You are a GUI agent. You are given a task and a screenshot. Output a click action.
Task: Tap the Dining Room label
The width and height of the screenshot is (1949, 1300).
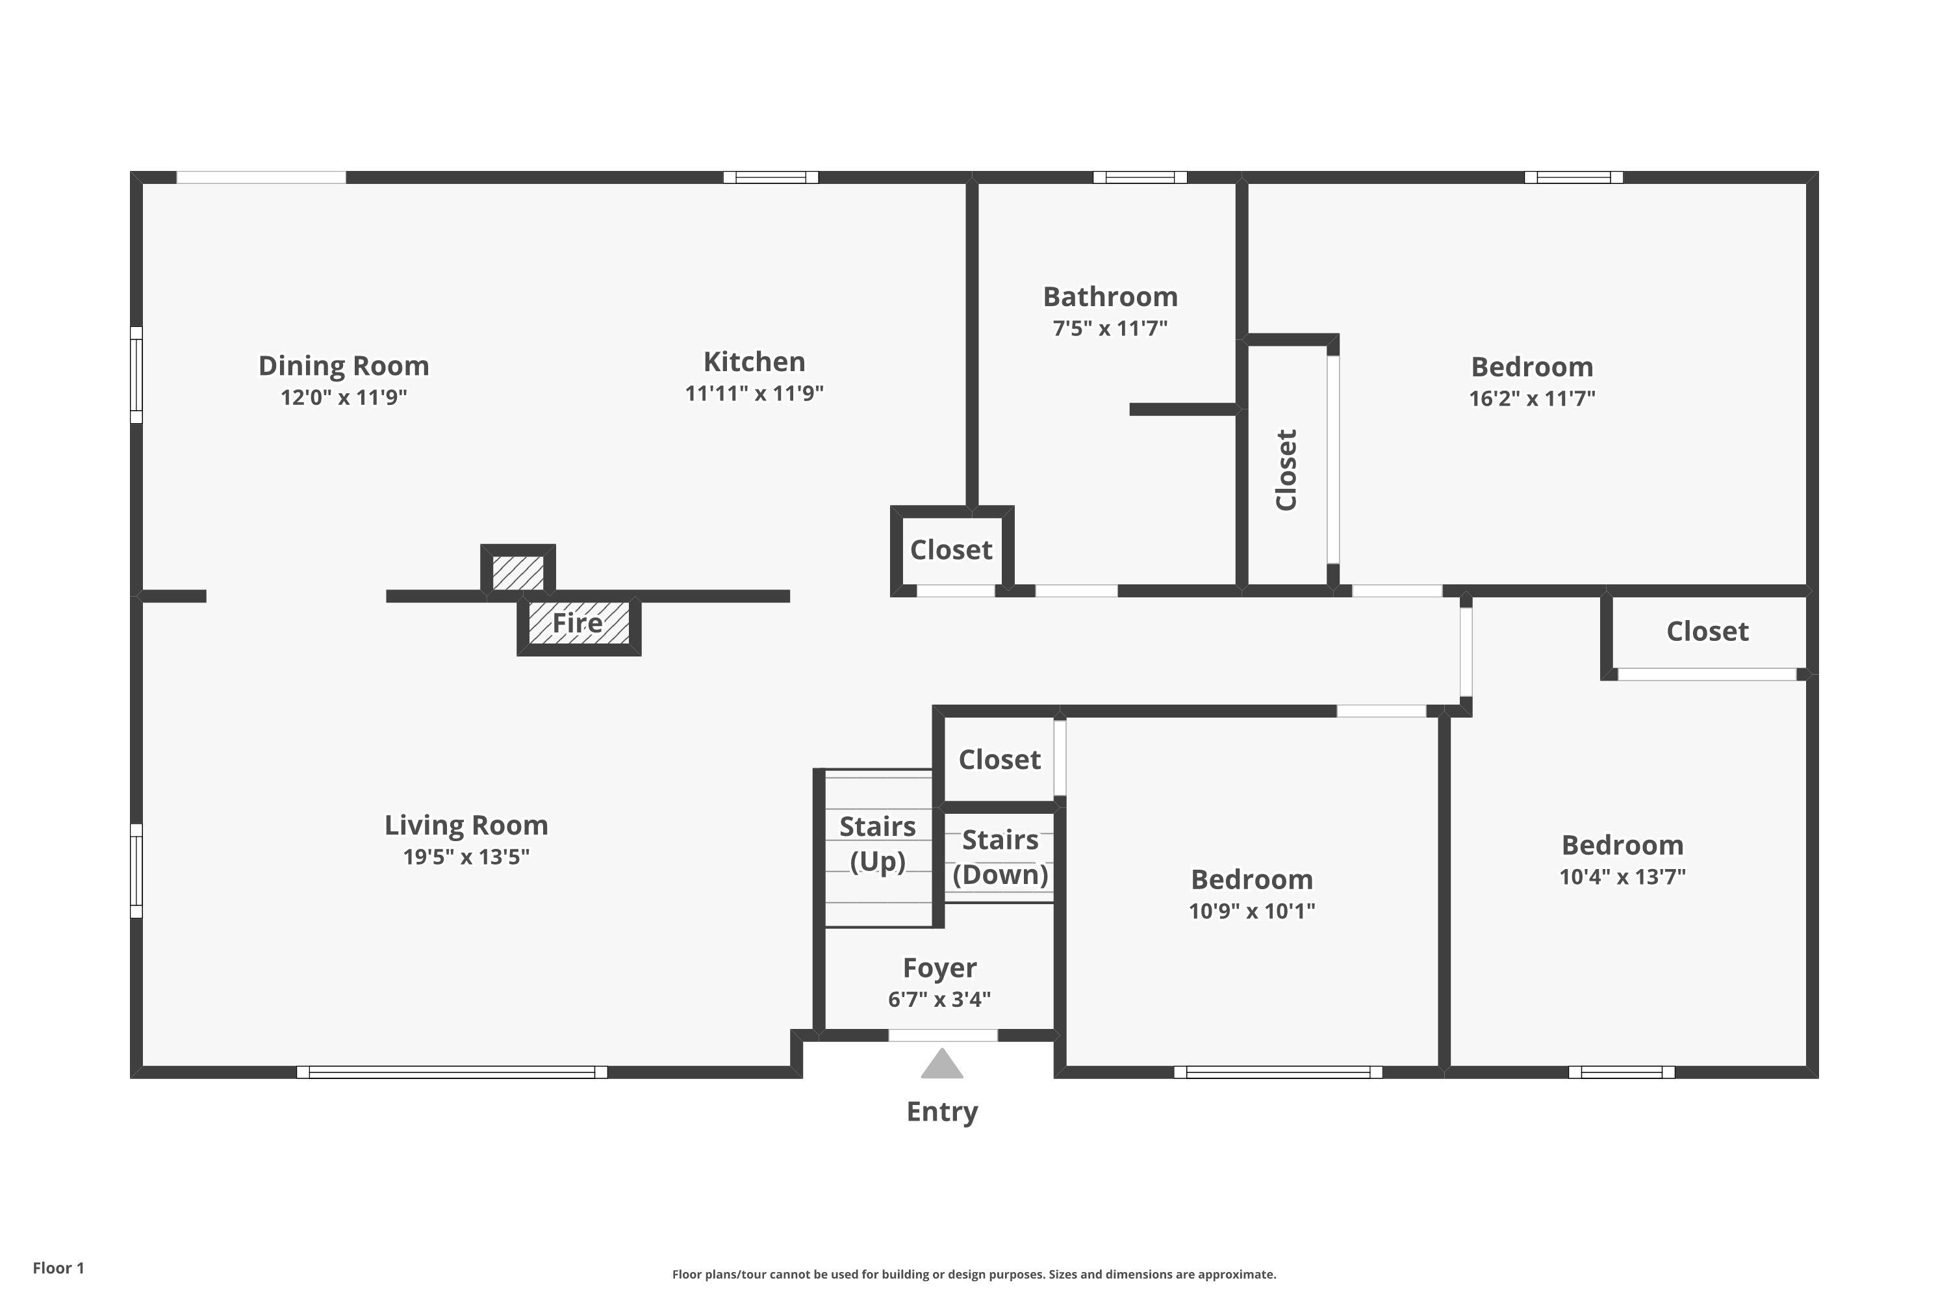click(x=344, y=365)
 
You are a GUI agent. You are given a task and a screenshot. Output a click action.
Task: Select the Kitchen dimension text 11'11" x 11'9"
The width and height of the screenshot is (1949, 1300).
click(x=754, y=393)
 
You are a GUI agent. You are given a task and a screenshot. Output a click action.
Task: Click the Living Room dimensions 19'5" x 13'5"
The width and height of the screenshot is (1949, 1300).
click(x=466, y=857)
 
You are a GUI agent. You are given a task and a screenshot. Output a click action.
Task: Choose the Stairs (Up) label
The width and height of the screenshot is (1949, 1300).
click(x=878, y=844)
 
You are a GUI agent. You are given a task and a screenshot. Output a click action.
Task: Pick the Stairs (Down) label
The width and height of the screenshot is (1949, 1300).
click(x=1000, y=857)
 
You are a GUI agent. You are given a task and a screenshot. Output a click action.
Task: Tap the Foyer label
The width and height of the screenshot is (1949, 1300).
click(x=939, y=968)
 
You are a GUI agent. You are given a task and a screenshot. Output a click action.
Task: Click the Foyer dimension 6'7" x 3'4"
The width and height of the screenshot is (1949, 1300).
click(x=939, y=1000)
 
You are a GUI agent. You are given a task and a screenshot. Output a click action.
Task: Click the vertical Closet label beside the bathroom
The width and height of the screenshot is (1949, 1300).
click(x=1286, y=470)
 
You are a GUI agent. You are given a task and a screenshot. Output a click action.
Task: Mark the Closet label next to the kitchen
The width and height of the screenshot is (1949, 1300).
click(x=951, y=550)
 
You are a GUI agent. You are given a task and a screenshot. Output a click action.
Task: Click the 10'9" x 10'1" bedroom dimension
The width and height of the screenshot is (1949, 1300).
click(x=1252, y=911)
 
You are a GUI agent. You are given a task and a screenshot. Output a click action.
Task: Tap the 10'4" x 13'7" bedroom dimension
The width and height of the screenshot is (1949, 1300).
click(x=1622, y=876)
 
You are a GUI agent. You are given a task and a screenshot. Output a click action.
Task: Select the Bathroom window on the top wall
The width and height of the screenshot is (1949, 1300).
click(x=1140, y=177)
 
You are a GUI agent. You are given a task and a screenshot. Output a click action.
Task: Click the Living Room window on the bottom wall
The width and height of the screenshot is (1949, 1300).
click(x=452, y=1072)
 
